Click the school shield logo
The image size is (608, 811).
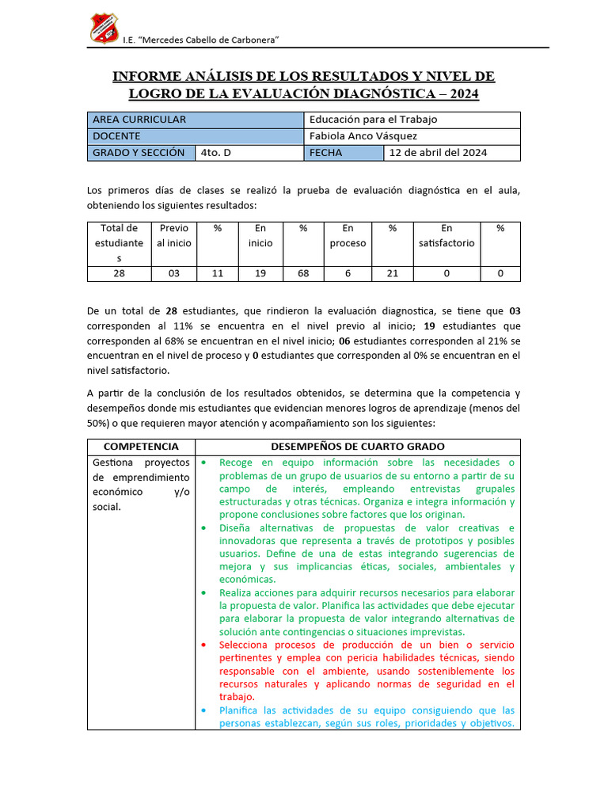point(103,29)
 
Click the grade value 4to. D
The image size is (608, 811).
point(216,153)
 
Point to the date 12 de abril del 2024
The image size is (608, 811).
point(438,153)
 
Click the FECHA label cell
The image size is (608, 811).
point(326,153)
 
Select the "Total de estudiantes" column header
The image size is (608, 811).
point(120,243)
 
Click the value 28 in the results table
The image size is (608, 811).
point(120,273)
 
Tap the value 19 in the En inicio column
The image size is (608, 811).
point(260,273)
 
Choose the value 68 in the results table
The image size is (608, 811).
point(303,273)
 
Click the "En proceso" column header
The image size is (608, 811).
point(348,236)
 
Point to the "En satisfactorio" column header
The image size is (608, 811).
point(446,236)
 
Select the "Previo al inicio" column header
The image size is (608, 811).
point(174,236)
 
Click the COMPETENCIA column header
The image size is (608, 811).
point(141,447)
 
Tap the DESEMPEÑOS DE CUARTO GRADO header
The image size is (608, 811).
point(358,447)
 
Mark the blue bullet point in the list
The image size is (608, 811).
point(203,710)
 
